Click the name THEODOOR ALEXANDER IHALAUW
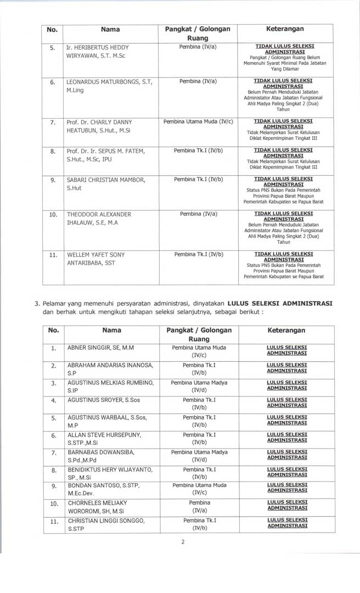point(99,218)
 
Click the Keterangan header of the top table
point(285,29)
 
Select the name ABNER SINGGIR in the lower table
point(100,348)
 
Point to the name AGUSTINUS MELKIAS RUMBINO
point(110,385)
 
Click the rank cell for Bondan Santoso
point(199,489)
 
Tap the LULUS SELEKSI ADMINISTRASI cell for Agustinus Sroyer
point(286,403)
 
